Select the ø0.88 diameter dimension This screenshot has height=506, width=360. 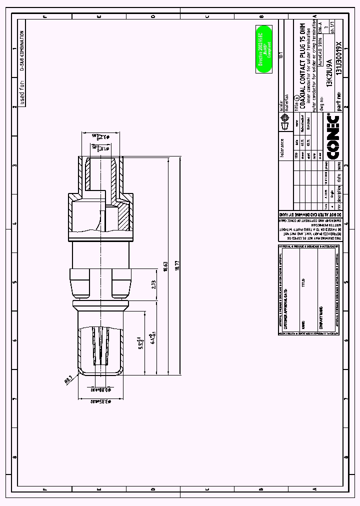[100, 389]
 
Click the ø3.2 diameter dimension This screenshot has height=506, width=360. [99, 136]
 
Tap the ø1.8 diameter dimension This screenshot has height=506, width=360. [99, 147]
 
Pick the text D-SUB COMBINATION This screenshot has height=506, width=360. [22, 50]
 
